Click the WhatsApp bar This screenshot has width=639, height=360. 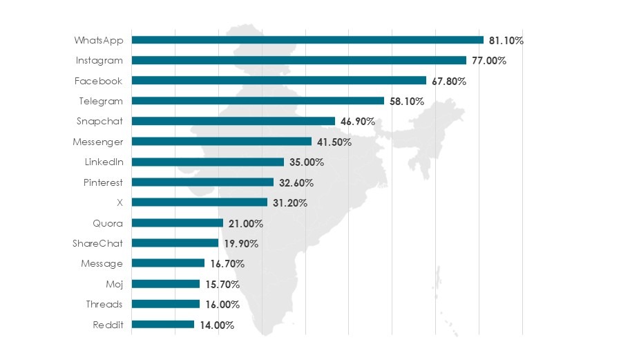point(307,40)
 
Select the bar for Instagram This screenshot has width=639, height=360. point(298,60)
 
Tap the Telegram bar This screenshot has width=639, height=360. point(258,101)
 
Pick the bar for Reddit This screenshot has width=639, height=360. point(162,325)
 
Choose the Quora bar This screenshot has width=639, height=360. point(177,223)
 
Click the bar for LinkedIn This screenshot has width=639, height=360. point(207,162)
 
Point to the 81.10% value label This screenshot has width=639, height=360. point(506,41)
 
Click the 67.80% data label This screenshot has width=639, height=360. point(449,82)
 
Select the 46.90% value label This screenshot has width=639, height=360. point(358,122)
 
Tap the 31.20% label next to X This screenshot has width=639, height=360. point(290,203)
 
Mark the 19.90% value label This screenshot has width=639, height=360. point(241,244)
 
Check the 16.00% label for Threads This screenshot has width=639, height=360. point(222,305)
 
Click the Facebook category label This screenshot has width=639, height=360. point(98,81)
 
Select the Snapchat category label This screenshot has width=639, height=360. point(99,121)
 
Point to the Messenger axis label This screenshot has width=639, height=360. point(97,142)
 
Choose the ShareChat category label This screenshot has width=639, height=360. point(97,243)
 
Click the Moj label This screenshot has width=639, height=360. point(114,284)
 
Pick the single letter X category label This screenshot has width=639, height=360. point(120,202)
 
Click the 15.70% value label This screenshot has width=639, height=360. point(222,285)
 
